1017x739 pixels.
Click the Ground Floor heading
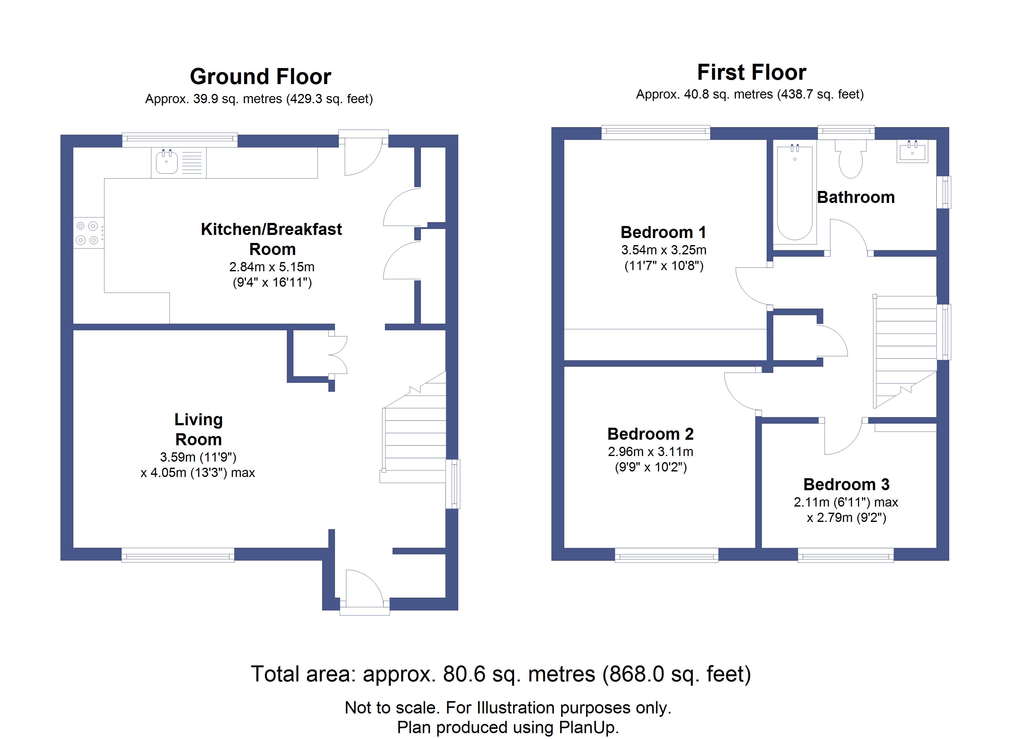(260, 77)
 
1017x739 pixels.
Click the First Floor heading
(752, 73)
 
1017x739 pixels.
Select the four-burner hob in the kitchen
(87, 233)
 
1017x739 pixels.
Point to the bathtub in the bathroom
(794, 193)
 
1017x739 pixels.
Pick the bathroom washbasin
(912, 151)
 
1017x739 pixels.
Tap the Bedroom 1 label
(663, 232)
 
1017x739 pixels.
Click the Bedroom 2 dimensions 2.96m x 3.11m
(650, 452)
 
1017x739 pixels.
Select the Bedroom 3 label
(846, 484)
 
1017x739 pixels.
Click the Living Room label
(198, 429)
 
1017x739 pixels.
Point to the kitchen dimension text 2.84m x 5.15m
(272, 267)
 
